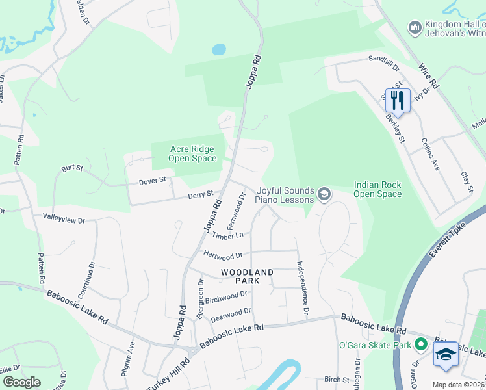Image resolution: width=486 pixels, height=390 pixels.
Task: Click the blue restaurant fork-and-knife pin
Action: [398, 100]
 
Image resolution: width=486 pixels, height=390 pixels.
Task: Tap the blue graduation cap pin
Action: [445, 354]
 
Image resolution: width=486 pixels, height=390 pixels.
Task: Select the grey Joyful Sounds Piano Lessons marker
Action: [324, 194]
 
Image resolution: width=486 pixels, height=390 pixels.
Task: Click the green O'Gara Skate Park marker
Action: [420, 344]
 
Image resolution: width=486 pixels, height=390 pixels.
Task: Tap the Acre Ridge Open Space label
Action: [192, 153]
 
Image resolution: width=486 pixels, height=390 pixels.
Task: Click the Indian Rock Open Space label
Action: [377, 189]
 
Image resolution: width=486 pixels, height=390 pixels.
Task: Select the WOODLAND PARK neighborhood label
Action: [247, 276]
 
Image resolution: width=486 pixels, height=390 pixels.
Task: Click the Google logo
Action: [21, 382]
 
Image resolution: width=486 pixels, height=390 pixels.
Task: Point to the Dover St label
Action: [153, 180]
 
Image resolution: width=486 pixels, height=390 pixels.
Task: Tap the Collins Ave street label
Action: [431, 154]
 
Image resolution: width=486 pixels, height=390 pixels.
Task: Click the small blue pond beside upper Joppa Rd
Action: [219, 49]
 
